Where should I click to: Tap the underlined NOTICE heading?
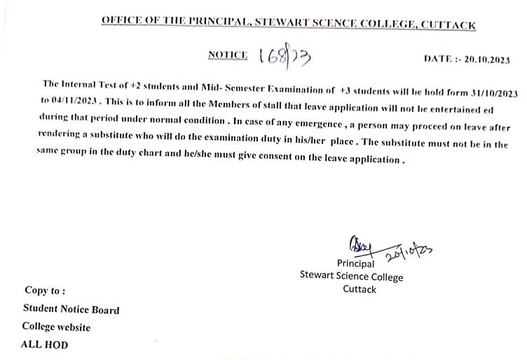tap(228, 57)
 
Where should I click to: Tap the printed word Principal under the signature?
tap(357, 264)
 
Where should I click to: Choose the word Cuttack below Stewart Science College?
tap(360, 289)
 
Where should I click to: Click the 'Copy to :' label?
tap(45, 289)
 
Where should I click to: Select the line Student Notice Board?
tap(71, 309)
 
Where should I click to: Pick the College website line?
tap(56, 326)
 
